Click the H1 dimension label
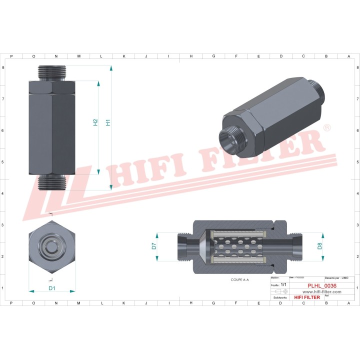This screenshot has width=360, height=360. pyautogui.click(x=107, y=122)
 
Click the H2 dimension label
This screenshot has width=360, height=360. pyautogui.click(x=95, y=122)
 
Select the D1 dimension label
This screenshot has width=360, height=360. pyautogui.click(x=51, y=288)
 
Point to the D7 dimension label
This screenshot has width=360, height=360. pyautogui.click(x=154, y=246)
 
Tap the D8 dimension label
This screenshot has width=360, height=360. pyautogui.click(x=319, y=246)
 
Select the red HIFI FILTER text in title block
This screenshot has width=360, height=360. pyautogui.click(x=306, y=297)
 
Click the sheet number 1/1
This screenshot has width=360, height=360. pyautogui.click(x=284, y=284)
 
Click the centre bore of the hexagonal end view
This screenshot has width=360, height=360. pyautogui.click(x=51, y=245)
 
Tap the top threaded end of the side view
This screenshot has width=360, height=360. pyautogui.click(x=51, y=73)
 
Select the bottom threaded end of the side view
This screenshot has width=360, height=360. pyautogui.click(x=51, y=182)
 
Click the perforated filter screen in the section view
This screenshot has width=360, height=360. pyautogui.click(x=237, y=246)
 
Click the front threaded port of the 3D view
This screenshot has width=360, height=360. pyautogui.click(x=230, y=137)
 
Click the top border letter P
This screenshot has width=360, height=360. pyautogui.click(x=11, y=56)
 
